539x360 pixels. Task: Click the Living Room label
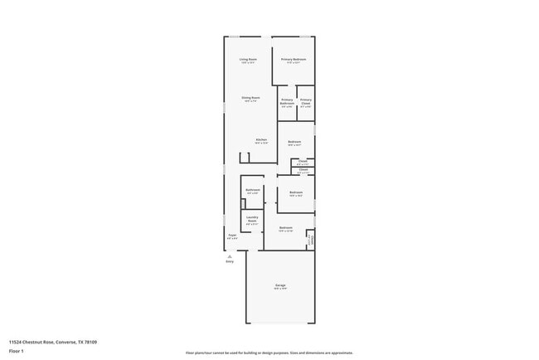pos(248,60)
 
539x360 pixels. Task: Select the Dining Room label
pos(251,98)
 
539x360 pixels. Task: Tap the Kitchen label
pos(261,139)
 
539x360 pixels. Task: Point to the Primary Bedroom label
pos(293,60)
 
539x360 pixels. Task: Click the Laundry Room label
pos(253,220)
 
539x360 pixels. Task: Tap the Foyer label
pos(232,235)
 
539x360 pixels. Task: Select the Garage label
pos(280,285)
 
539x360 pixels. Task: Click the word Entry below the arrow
pos(230,262)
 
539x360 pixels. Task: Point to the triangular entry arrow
pos(230,256)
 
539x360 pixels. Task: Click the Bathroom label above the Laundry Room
pos(253,191)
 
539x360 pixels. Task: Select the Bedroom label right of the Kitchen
pos(294,142)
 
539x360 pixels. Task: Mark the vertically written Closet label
pos(310,239)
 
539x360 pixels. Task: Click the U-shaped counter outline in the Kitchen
pos(245,157)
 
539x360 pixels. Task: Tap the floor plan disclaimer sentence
pos(269,353)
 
